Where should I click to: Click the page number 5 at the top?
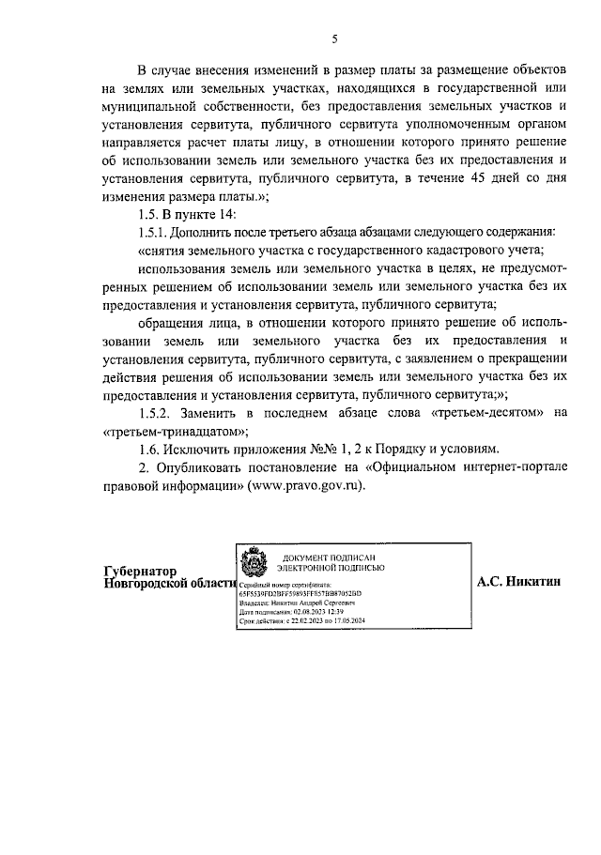tap(334, 38)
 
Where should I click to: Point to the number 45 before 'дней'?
tap(466, 180)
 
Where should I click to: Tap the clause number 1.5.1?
tap(154, 232)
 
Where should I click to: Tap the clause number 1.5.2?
tap(155, 413)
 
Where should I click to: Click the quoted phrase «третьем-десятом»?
tap(487, 413)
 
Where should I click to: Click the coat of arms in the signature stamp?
tap(254, 563)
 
